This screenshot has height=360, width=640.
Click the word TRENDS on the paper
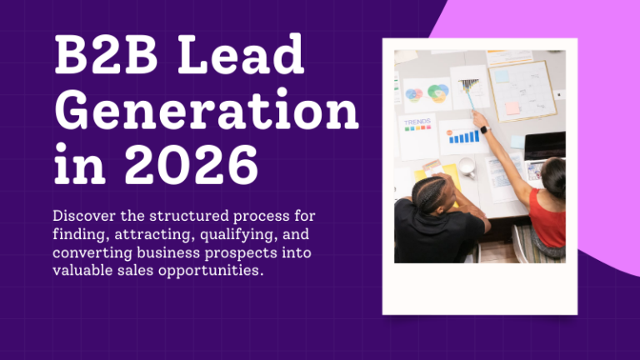(x=417, y=122)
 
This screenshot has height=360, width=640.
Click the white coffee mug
(x=467, y=167)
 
